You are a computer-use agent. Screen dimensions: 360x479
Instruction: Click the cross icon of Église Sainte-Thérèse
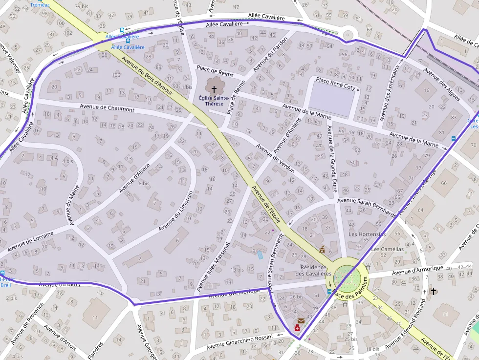(214, 89)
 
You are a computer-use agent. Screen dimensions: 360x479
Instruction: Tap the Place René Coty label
(335, 84)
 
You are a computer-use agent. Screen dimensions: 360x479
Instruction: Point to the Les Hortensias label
(367, 234)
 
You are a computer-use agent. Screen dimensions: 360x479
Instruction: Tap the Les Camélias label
(388, 249)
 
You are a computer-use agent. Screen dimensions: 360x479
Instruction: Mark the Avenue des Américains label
(390, 94)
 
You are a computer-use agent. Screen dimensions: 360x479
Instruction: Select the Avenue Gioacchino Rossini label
(239, 340)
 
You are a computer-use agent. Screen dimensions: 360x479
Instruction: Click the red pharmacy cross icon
(297, 329)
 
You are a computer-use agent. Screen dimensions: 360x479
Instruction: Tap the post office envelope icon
(301, 321)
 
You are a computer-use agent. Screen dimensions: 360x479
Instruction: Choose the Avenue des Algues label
(441, 81)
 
